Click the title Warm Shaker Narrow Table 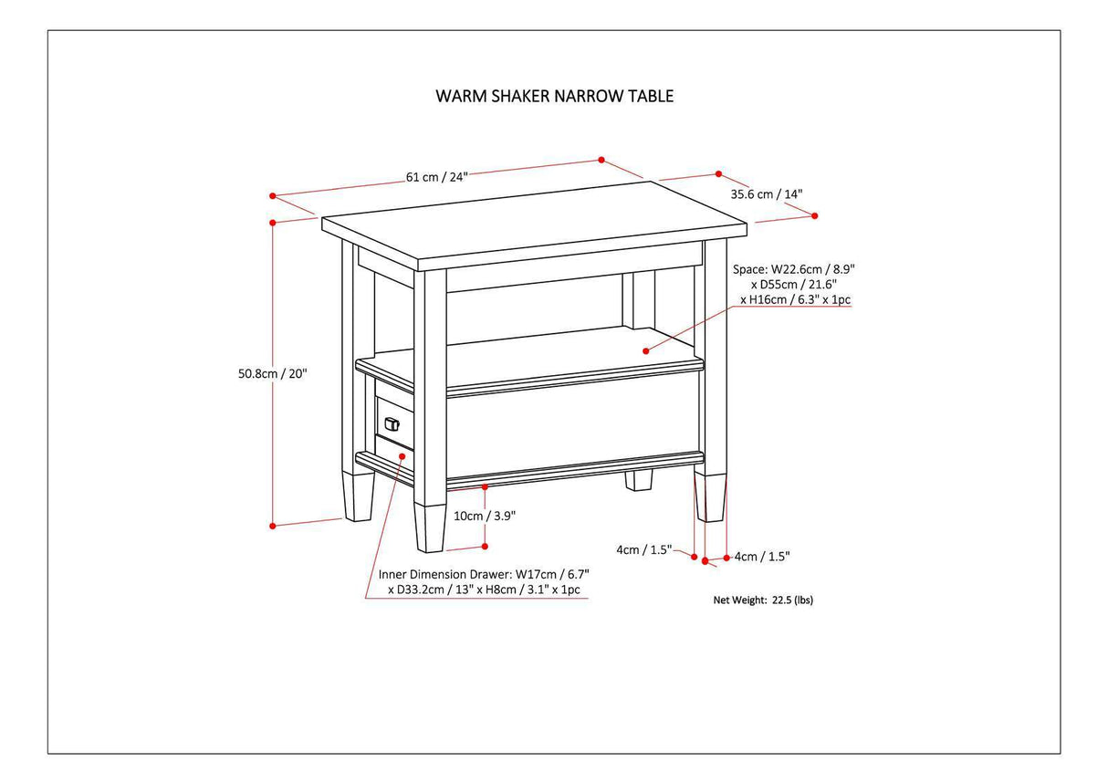point(554,96)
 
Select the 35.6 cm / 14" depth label point(766,193)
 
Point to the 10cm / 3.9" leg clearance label point(485,515)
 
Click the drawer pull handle point(392,423)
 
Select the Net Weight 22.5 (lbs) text point(762,600)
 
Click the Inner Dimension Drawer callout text point(484,582)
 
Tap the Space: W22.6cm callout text point(793,284)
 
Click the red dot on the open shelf point(645,350)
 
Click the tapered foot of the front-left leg point(430,527)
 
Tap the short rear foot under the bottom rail point(639,480)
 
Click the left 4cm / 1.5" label point(644,549)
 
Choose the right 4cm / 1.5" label point(761,556)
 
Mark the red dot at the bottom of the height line point(273,526)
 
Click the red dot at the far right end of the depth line point(815,216)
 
